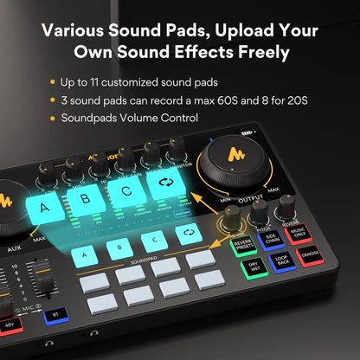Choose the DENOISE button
308,256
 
